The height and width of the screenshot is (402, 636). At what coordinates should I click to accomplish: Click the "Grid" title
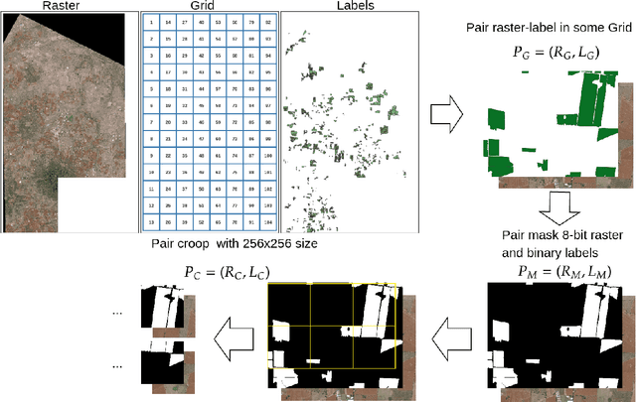tap(209, 6)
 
